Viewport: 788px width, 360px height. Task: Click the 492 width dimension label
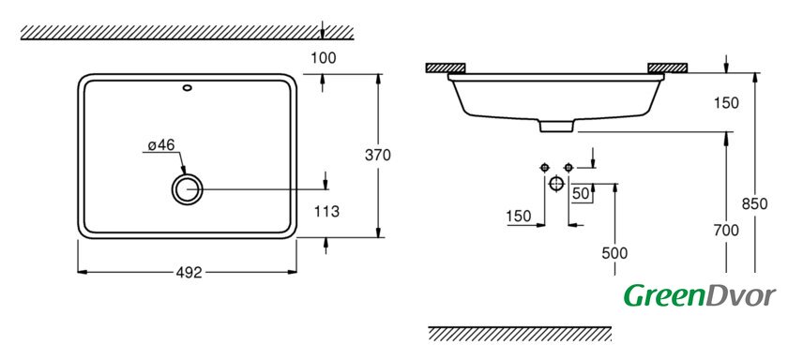tap(189, 273)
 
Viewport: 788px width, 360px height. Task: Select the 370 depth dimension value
tap(377, 156)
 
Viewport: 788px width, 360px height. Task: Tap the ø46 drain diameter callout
tap(161, 145)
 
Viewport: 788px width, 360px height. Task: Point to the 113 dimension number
tap(326, 212)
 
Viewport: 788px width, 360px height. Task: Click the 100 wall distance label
tap(323, 58)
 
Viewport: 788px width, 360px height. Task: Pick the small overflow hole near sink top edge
tap(188, 88)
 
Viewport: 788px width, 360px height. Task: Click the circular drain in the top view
tap(187, 189)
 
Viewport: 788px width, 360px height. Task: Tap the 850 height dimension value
tap(755, 204)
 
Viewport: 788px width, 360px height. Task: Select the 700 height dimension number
tap(726, 231)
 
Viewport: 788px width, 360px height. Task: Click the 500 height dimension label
tap(614, 253)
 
